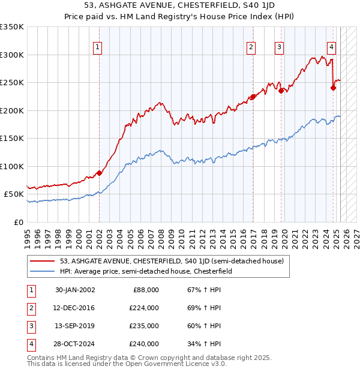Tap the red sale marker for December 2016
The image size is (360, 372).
pyautogui.click(x=253, y=97)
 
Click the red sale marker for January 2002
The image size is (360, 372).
pyautogui.click(x=100, y=173)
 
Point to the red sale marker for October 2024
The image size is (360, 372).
pyautogui.click(x=334, y=88)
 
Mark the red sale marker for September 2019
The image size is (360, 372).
pyautogui.click(x=281, y=91)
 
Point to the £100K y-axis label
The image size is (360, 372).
pyautogui.click(x=13, y=166)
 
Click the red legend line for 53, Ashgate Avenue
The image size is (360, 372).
pyautogui.click(x=43, y=261)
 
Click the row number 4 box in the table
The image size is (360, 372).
pyautogui.click(x=31, y=344)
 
